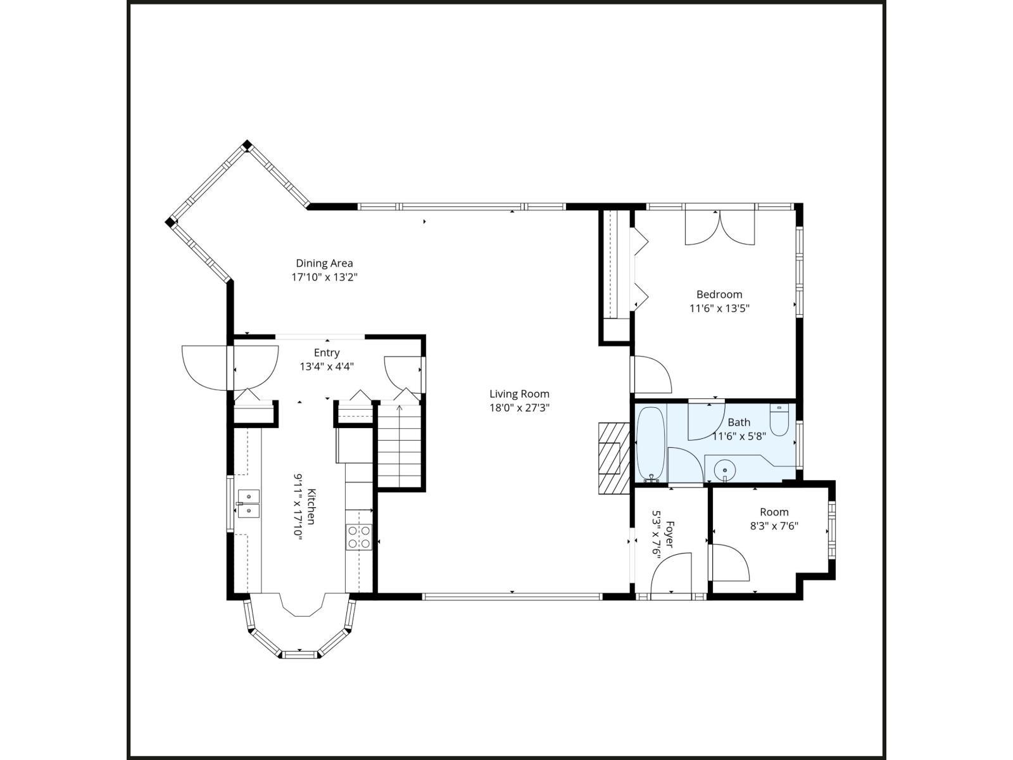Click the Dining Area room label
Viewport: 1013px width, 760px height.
(x=324, y=263)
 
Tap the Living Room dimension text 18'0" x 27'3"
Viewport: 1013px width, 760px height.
(x=519, y=408)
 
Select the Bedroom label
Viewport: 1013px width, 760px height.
(x=719, y=294)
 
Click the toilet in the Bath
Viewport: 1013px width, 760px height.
(x=779, y=421)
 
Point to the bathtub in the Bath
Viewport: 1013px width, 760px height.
(x=650, y=444)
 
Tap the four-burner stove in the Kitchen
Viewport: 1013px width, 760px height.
(x=358, y=537)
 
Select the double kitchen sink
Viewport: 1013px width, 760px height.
(x=248, y=503)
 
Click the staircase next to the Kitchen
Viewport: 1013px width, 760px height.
(x=400, y=446)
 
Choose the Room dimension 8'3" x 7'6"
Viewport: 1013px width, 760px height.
(x=774, y=526)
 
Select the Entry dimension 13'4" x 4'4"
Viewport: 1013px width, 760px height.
(x=327, y=366)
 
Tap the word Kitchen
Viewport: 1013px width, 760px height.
(x=311, y=506)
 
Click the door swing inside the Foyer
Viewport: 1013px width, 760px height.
(x=672, y=573)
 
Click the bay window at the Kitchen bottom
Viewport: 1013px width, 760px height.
(x=299, y=633)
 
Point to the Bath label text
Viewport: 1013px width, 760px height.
(x=739, y=422)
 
